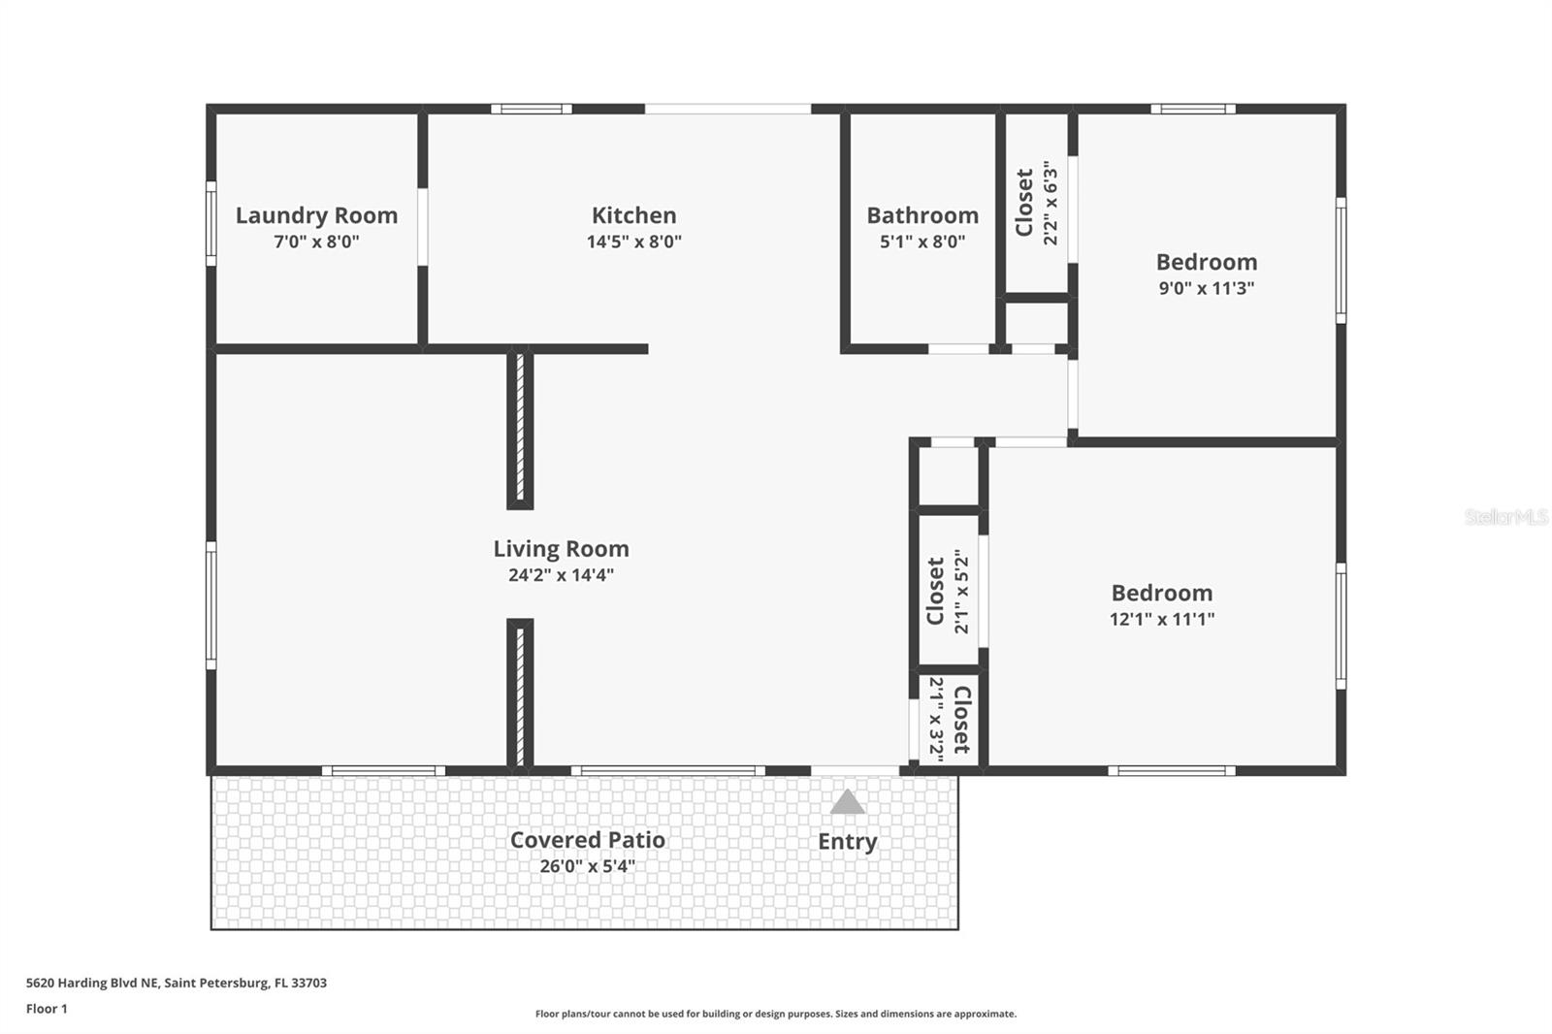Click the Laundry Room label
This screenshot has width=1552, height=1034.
coord(316,215)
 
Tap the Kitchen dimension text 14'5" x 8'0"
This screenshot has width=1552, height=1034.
coord(633,242)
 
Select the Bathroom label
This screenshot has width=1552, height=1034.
coord(921,215)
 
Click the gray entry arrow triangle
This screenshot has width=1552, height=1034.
coord(847,803)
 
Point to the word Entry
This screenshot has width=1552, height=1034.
coord(847,841)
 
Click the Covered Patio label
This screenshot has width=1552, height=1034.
coord(587,840)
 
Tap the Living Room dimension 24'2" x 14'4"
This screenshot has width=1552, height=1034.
coord(561,575)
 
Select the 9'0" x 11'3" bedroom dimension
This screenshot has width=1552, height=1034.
coord(1206,288)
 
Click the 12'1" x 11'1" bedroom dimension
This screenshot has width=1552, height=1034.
coord(1161,619)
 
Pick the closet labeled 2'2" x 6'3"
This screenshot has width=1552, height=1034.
coord(1036,202)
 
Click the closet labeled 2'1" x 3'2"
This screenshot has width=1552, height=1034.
coord(949,719)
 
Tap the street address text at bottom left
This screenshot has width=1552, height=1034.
coord(176,983)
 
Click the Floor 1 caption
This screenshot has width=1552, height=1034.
coord(47,1009)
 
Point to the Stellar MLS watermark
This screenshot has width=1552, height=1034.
coord(1505,517)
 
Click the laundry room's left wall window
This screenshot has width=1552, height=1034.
coord(210,222)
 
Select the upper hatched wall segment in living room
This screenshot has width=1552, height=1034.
coord(520,427)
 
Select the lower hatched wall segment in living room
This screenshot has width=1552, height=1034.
coord(520,694)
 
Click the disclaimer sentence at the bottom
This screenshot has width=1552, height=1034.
coord(775,1014)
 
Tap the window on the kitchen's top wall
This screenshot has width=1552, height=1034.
coord(531,109)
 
